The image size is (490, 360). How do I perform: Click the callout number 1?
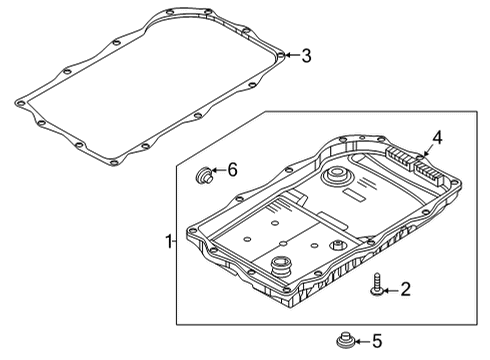point(168,242)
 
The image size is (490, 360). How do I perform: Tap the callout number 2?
point(404,290)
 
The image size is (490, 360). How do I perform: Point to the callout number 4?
point(436,138)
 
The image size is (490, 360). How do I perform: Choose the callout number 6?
point(232,170)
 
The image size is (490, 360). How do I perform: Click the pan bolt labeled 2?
point(374,285)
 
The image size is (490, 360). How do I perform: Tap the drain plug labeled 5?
point(346,340)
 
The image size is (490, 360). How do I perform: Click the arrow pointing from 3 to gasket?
point(291,55)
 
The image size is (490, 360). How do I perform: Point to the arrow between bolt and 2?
point(390,290)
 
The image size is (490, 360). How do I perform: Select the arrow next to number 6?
point(219,170)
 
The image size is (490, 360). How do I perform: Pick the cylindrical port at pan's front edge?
point(280,269)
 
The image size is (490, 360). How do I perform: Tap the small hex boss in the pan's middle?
point(340,247)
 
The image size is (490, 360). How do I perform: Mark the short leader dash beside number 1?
point(177,242)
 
